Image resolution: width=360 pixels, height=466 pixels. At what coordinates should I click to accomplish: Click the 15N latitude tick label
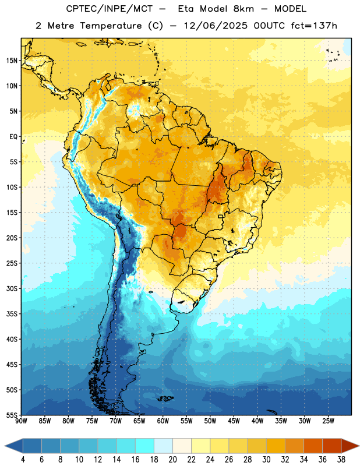12,61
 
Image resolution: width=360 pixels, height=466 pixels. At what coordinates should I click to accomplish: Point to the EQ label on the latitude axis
13,137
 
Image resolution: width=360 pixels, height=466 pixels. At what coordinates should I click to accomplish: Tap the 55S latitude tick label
12,415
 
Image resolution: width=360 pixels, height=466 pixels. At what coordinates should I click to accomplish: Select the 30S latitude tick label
12,288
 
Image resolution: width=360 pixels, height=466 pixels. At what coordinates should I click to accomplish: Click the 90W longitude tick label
21,421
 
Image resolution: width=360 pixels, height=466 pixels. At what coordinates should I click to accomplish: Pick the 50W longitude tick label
210,421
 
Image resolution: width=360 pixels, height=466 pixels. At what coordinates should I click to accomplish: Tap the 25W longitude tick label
328,421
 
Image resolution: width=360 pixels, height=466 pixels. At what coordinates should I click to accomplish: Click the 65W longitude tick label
139,421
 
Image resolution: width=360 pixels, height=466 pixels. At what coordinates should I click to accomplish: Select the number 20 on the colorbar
172,460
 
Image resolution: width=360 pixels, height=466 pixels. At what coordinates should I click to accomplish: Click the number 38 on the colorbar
341,460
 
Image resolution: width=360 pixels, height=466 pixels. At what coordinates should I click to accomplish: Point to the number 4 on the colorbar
23,460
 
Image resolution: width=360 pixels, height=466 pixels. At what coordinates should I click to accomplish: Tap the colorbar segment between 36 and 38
332,446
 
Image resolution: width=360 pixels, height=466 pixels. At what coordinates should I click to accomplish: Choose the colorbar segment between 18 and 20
164,446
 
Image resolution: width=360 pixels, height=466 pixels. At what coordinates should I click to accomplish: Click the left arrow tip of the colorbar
5,446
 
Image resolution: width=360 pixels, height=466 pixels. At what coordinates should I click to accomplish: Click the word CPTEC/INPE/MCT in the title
110,9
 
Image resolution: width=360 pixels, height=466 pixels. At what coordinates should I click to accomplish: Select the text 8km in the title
243,9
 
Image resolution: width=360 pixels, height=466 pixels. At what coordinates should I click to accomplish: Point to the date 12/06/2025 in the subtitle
216,26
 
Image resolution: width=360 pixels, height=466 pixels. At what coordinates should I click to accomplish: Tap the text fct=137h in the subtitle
314,26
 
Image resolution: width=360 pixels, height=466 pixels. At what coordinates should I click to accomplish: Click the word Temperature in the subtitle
111,26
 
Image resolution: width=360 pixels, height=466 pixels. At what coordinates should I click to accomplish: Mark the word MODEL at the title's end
290,9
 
